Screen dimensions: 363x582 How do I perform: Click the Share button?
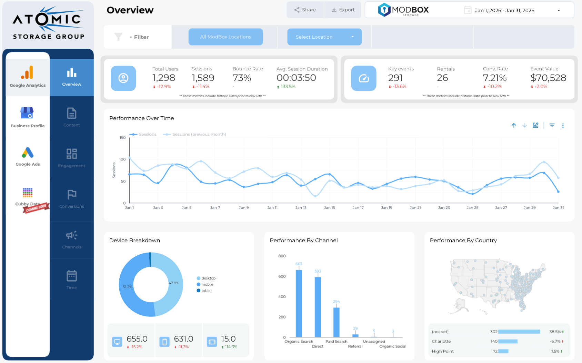pyautogui.click(x=305, y=10)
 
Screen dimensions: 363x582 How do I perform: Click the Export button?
pyautogui.click(x=343, y=10)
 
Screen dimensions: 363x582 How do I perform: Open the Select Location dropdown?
pyautogui.click(x=324, y=37)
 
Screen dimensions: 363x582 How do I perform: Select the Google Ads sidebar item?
pyautogui.click(x=28, y=157)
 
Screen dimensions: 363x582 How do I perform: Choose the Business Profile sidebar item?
pyautogui.click(x=28, y=117)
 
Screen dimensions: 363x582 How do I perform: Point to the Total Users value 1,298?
pyautogui.click(x=164, y=78)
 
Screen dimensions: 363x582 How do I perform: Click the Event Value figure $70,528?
pyautogui.click(x=548, y=78)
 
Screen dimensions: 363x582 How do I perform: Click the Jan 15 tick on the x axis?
pyautogui.click(x=329, y=208)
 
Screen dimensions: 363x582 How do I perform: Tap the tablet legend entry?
pyautogui.click(x=206, y=291)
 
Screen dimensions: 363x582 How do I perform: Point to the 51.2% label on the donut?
pyautogui.click(x=127, y=287)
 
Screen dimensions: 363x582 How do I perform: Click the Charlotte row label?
pyautogui.click(x=441, y=341)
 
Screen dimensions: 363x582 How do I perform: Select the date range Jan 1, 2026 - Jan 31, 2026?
pyautogui.click(x=504, y=10)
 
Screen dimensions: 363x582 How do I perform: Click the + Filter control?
pyautogui.click(x=139, y=37)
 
